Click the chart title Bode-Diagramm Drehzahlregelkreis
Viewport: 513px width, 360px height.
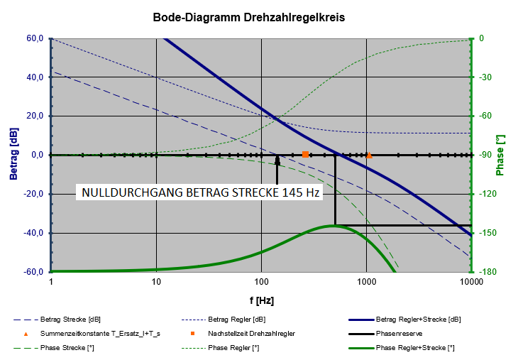[x=249, y=16]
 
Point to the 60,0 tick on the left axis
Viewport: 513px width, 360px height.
[x=35, y=38]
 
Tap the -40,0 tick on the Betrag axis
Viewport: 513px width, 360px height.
[x=33, y=233]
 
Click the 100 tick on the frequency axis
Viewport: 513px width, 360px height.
[x=261, y=281]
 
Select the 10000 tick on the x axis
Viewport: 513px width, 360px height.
[x=470, y=281]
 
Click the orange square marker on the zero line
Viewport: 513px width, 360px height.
[x=306, y=155]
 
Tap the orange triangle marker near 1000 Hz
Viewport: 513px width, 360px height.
[x=369, y=155]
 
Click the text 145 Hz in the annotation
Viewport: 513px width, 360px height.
[x=306, y=193]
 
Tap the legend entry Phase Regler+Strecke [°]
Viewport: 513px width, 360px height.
[x=414, y=348]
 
